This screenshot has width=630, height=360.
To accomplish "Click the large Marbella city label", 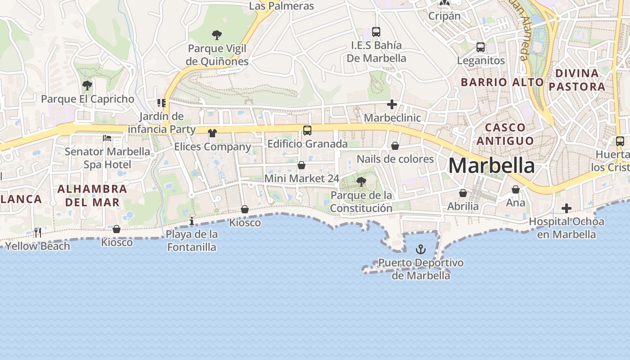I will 491,166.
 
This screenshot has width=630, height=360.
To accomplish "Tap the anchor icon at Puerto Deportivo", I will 420,249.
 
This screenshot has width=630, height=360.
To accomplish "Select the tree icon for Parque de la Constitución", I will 361,182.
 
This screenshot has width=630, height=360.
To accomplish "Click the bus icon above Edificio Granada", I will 307,130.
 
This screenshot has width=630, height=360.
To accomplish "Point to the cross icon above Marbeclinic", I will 392,105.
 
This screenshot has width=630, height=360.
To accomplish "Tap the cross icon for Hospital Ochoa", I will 567,208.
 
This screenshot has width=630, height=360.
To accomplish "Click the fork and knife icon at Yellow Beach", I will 38,233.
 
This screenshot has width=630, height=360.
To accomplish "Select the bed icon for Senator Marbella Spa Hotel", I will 107,138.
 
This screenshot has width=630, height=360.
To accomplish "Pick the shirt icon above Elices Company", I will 212,133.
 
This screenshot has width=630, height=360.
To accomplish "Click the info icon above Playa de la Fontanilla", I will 192,221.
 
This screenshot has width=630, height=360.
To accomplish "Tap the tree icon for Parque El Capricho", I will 87,85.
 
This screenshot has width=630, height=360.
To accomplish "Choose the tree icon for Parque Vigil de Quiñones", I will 217,35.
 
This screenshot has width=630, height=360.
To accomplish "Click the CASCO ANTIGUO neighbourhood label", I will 505,134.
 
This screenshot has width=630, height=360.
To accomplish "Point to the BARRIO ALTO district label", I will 502,82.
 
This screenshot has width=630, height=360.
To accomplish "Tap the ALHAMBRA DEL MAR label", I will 93,196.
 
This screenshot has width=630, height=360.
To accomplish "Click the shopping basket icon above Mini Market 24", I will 301,165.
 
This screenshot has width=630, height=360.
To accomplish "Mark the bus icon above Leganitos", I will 481,47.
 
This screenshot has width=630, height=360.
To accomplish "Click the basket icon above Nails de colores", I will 395,146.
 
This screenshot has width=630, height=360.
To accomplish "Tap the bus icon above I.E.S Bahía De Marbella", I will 376,32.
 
